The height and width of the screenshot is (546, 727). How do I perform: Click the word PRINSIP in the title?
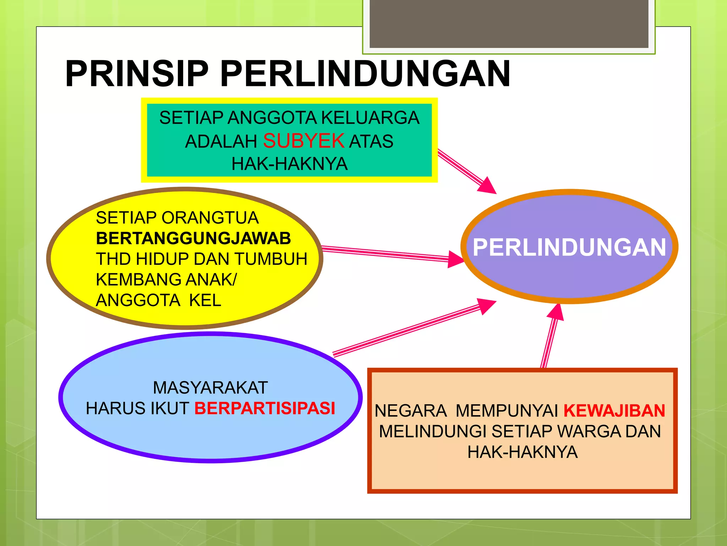click(x=137, y=74)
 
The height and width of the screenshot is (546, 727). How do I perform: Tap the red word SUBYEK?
click(x=304, y=141)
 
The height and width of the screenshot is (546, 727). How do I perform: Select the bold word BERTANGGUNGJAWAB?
click(x=193, y=238)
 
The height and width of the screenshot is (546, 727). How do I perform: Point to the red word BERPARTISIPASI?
click(x=264, y=408)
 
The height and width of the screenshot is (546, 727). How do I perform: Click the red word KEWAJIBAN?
click(x=614, y=411)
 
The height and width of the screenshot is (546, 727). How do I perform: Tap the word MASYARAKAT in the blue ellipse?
click(x=210, y=387)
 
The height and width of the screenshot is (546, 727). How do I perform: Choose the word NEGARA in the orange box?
click(x=410, y=411)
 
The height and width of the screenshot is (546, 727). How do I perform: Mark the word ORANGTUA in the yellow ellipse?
click(x=210, y=218)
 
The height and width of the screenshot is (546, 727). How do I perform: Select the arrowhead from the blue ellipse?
click(x=487, y=305)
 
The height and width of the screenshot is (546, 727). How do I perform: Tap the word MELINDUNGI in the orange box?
click(x=432, y=432)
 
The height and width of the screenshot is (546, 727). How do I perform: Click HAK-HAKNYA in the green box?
click(x=289, y=164)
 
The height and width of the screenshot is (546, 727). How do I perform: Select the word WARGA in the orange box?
click(x=589, y=432)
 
